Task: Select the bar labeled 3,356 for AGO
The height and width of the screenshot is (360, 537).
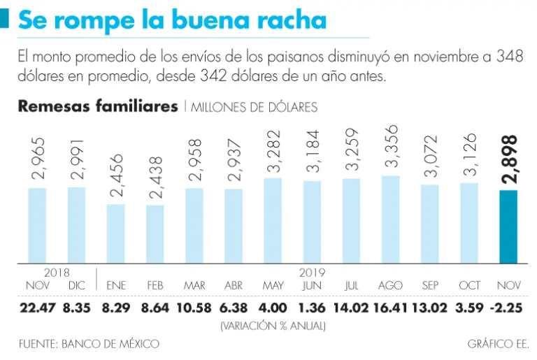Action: (390, 219)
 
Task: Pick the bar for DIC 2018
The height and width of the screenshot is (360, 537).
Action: (77, 224)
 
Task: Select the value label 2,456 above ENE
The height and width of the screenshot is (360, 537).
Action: (116, 178)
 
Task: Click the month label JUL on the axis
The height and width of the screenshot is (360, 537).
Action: (352, 286)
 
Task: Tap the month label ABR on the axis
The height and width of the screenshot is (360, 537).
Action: (234, 286)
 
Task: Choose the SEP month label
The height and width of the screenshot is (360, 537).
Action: (430, 286)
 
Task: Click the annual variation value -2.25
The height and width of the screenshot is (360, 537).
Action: (508, 307)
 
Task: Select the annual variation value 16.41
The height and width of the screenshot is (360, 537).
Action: (390, 307)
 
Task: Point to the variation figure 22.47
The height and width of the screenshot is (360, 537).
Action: (37, 307)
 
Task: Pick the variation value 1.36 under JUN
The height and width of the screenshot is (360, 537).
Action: (312, 307)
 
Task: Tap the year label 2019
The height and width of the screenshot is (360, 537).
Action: (312, 273)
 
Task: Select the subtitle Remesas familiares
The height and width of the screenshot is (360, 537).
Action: (97, 107)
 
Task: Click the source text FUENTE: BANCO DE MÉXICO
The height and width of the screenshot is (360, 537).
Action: (89, 343)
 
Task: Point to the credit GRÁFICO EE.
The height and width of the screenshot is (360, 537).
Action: (498, 343)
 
